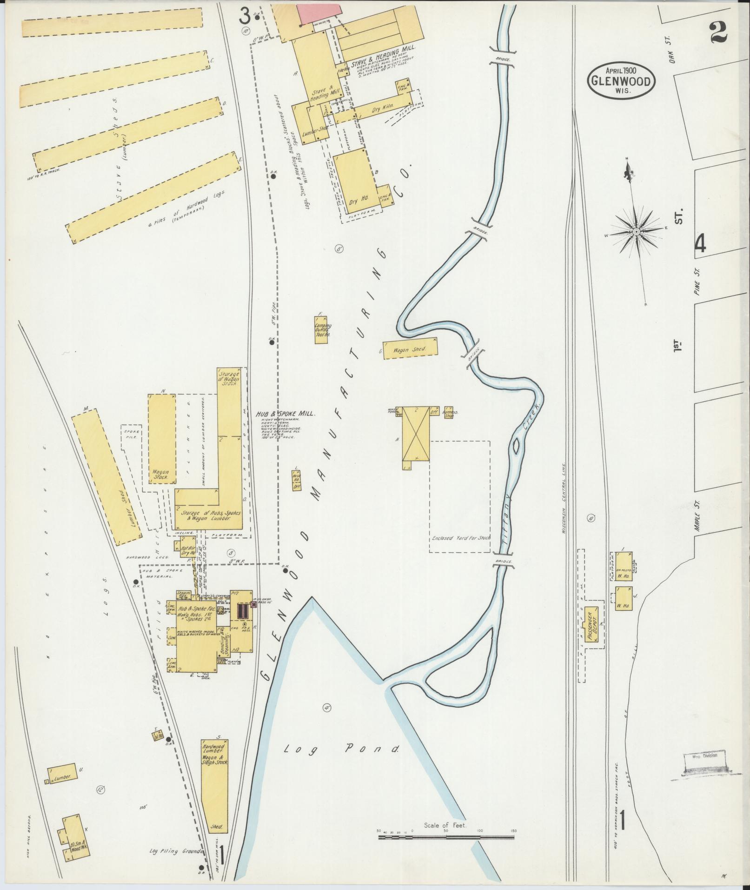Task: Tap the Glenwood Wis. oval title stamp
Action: pos(621,81)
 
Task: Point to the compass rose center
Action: pos(635,231)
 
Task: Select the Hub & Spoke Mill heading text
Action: pos(285,414)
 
